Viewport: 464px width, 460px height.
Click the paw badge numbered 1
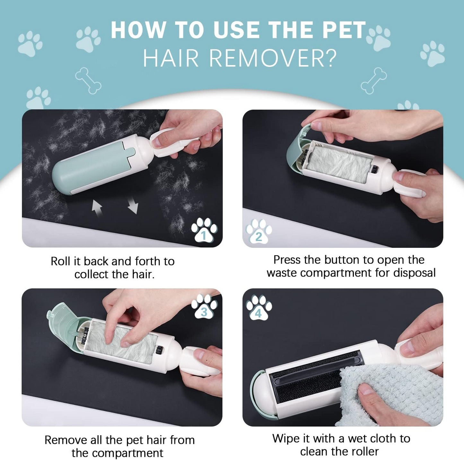tap(204, 230)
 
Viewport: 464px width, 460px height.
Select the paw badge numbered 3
tap(204, 307)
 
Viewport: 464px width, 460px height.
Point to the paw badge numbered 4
tap(259, 308)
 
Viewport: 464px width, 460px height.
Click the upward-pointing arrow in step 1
tap(97, 208)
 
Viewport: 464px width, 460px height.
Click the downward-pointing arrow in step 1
tap(133, 205)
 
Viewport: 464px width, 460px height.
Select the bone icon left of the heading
tap(88, 80)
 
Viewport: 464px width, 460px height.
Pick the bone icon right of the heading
tap(374, 80)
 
